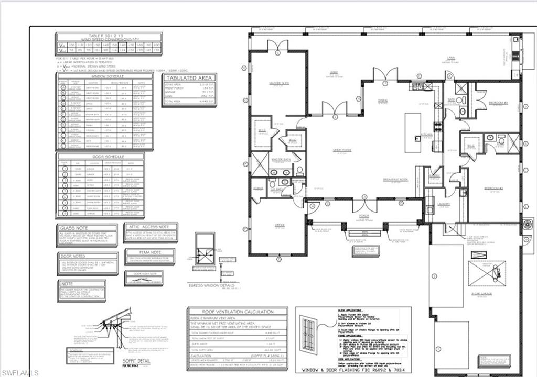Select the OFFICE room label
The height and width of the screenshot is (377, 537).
tap(280, 225)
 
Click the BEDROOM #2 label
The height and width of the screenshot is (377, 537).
tap(493, 188)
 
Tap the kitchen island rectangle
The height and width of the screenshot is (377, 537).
tap(412, 132)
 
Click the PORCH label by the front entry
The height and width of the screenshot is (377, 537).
tap(363, 215)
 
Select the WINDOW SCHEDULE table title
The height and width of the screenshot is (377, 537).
tap(104, 76)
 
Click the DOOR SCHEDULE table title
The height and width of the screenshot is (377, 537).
tap(100, 157)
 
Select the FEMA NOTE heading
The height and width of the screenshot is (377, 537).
tap(143, 252)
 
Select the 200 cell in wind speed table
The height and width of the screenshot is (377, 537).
tap(156, 46)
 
